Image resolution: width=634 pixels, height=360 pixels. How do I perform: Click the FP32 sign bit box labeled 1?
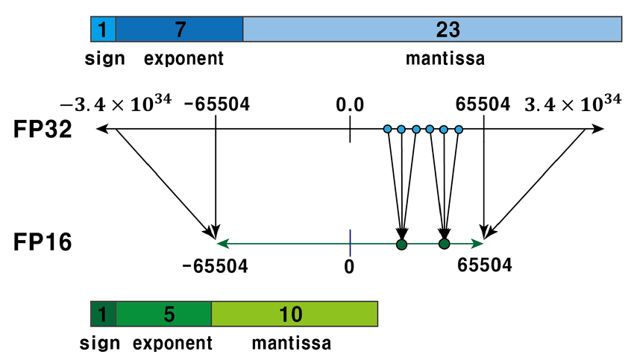[x=102, y=29]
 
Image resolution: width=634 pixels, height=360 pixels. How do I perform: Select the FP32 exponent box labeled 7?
[x=179, y=29]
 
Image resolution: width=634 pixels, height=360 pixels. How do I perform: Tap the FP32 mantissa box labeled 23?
[x=433, y=29]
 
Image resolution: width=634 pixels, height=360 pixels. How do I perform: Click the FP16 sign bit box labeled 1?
[x=102, y=314]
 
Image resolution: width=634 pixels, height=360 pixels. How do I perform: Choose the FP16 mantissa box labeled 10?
[x=295, y=314]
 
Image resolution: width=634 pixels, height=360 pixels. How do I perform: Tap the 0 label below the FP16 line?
[x=349, y=266]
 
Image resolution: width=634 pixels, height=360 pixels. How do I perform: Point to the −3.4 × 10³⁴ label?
[x=116, y=102]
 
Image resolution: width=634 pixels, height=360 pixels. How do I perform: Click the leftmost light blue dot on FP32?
[x=387, y=130]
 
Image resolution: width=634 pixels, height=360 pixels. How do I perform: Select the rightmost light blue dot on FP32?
[x=459, y=130]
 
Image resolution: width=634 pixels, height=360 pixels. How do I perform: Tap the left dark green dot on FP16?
[x=402, y=244]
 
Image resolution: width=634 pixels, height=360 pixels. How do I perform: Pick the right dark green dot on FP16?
[x=445, y=244]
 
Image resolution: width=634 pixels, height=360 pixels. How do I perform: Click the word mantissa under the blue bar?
[x=445, y=59]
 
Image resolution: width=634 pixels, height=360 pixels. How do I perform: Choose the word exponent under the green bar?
[x=173, y=344]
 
